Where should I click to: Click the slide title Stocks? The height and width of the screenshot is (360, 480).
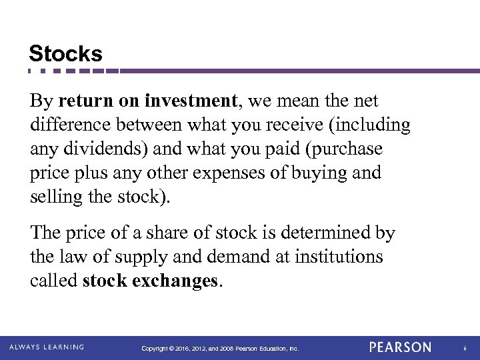tap(65, 53)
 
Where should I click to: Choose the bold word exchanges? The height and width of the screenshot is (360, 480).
tap(177, 281)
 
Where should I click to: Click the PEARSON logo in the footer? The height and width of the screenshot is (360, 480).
tap(400, 347)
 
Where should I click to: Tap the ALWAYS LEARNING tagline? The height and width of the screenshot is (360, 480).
tap(47, 347)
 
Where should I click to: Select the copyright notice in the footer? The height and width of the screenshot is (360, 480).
tap(221, 349)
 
